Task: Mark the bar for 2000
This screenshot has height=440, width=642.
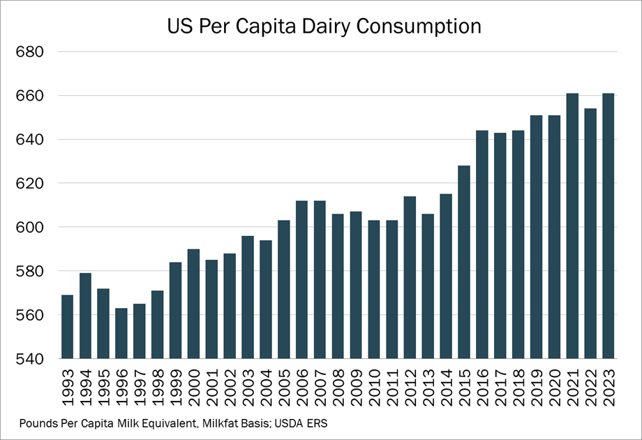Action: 193,304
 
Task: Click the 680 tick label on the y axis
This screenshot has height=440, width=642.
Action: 30,52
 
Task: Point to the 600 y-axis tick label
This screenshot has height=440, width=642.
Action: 30,228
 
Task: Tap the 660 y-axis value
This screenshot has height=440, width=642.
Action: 30,96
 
